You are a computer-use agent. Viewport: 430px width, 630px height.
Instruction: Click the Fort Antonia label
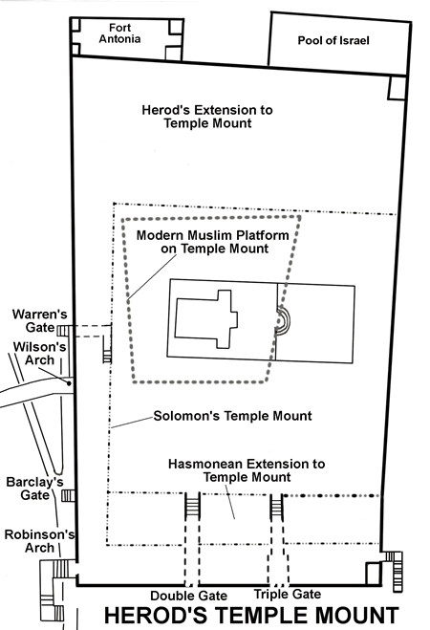click(119, 33)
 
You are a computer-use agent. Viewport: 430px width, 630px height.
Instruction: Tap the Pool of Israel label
click(333, 40)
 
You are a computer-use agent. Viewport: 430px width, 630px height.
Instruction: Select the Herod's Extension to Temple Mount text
click(207, 117)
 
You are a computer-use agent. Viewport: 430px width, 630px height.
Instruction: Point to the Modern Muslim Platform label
click(213, 242)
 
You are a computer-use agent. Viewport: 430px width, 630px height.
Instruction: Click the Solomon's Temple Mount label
click(232, 416)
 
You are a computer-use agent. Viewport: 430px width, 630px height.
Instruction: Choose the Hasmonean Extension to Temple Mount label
click(247, 470)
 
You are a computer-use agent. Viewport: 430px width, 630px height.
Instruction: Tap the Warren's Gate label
click(39, 320)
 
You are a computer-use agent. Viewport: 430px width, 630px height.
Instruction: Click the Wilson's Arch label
click(39, 354)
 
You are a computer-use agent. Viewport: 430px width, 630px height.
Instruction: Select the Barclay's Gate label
click(35, 489)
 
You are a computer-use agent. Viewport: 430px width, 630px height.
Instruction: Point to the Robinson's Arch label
click(39, 541)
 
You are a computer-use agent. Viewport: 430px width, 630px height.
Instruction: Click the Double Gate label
click(188, 596)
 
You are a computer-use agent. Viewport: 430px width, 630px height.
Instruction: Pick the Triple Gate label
click(288, 594)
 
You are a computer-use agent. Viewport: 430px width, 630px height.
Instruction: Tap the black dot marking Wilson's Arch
click(69, 383)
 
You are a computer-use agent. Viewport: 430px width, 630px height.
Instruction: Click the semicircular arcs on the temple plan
click(284, 319)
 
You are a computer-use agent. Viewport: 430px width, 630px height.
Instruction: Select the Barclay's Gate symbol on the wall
click(68, 496)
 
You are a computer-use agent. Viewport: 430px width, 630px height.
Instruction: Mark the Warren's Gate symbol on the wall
click(64, 331)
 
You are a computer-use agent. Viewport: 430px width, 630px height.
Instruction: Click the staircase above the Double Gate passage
click(193, 506)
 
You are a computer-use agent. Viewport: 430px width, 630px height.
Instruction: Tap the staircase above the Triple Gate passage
click(276, 507)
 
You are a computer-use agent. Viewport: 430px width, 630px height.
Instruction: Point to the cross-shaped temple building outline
click(206, 319)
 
